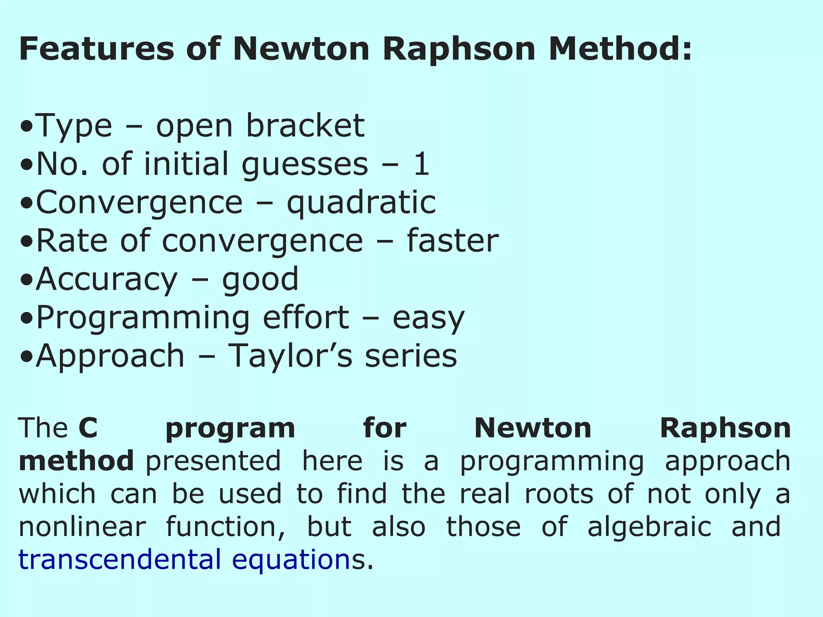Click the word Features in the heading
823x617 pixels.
coord(96,49)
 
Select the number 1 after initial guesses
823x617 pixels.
coord(422,164)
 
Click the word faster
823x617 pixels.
coord(452,241)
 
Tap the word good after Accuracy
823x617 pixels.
coord(260,280)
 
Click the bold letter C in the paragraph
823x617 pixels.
coord(88,428)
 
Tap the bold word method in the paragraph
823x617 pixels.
coord(76,461)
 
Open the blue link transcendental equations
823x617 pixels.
coord(185,560)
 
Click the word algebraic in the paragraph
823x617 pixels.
coord(649,527)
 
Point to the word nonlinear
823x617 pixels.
coord(82,527)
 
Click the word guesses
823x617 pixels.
coord(305,164)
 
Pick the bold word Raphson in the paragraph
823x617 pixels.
coord(725,428)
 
